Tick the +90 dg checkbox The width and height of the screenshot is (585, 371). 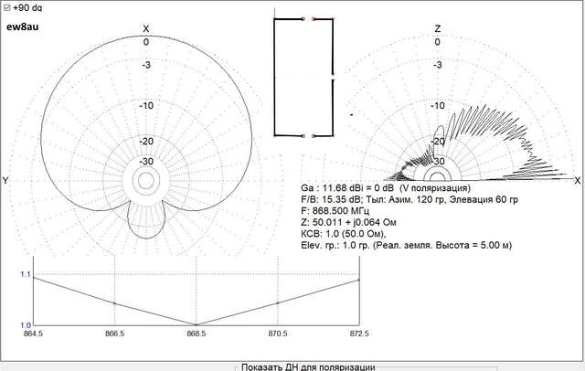(x=6, y=7)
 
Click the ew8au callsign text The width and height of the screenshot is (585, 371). (x=22, y=26)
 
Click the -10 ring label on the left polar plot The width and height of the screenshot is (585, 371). (x=146, y=105)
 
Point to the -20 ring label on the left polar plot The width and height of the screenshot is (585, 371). (x=146, y=142)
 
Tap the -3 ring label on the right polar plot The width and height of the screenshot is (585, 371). (x=438, y=65)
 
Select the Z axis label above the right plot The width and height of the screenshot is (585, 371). (x=438, y=28)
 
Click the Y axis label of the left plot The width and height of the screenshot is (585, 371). (x=5, y=181)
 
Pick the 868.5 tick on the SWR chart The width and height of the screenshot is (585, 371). (x=197, y=334)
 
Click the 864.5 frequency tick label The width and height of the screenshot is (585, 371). (x=33, y=334)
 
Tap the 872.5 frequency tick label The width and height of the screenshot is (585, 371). (x=359, y=334)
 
